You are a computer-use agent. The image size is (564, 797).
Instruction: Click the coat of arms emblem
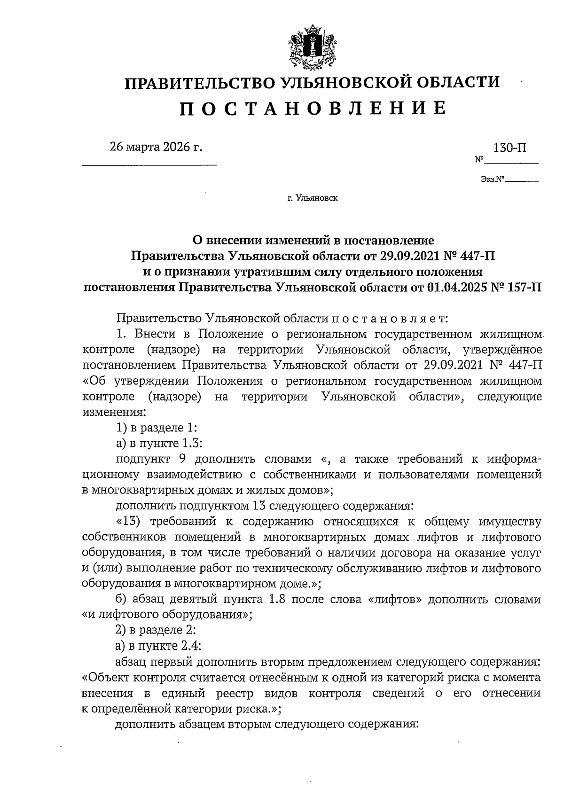point(310,47)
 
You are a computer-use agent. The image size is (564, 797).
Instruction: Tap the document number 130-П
point(509,148)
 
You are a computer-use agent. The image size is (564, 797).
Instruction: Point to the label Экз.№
point(492,179)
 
